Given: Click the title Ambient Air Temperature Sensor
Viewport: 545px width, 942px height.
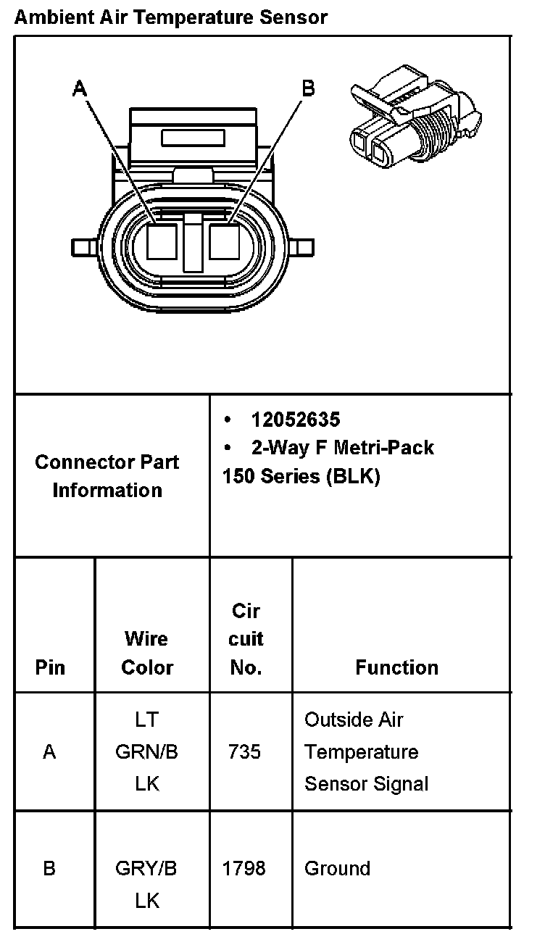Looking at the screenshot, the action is pyautogui.click(x=171, y=17).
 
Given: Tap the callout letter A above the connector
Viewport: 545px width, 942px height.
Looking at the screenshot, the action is pyautogui.click(x=80, y=88).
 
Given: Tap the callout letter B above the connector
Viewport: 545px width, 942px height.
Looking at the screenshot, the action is pyautogui.click(x=308, y=88).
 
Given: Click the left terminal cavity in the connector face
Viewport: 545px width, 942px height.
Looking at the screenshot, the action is pyautogui.click(x=162, y=241).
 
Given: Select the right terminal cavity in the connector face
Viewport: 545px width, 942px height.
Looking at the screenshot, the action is pyautogui.click(x=224, y=241).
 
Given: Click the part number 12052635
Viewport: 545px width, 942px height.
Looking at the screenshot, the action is pyautogui.click(x=296, y=420).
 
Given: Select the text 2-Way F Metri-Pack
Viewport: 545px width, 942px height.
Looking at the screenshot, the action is pyautogui.click(x=342, y=448).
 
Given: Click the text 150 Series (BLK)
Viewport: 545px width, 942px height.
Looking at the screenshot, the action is pyautogui.click(x=301, y=477).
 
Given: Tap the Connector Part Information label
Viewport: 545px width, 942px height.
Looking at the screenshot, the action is pyautogui.click(x=107, y=476).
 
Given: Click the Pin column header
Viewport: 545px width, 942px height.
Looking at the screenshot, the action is pyautogui.click(x=49, y=667).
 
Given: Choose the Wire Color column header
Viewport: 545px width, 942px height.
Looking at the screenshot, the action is pyautogui.click(x=147, y=653).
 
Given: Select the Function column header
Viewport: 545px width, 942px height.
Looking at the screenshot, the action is pyautogui.click(x=396, y=667).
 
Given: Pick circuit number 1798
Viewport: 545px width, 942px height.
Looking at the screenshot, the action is pyautogui.click(x=244, y=868).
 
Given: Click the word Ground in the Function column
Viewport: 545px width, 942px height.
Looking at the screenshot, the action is pyautogui.click(x=337, y=868).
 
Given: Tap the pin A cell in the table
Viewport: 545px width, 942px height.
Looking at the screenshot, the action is pyautogui.click(x=49, y=752).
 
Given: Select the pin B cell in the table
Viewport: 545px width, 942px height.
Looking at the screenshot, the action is pyautogui.click(x=49, y=868).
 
